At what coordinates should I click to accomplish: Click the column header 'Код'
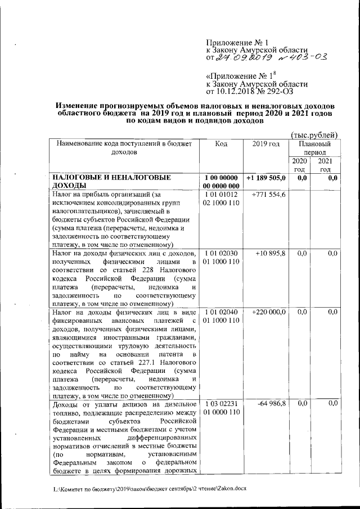(221, 144)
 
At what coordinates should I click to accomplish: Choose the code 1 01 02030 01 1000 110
(222, 258)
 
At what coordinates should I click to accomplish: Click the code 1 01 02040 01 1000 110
(222, 316)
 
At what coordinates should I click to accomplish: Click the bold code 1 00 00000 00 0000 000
(222, 182)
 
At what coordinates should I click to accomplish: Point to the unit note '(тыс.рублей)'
(314, 134)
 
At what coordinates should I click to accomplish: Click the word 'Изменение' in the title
(76, 105)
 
